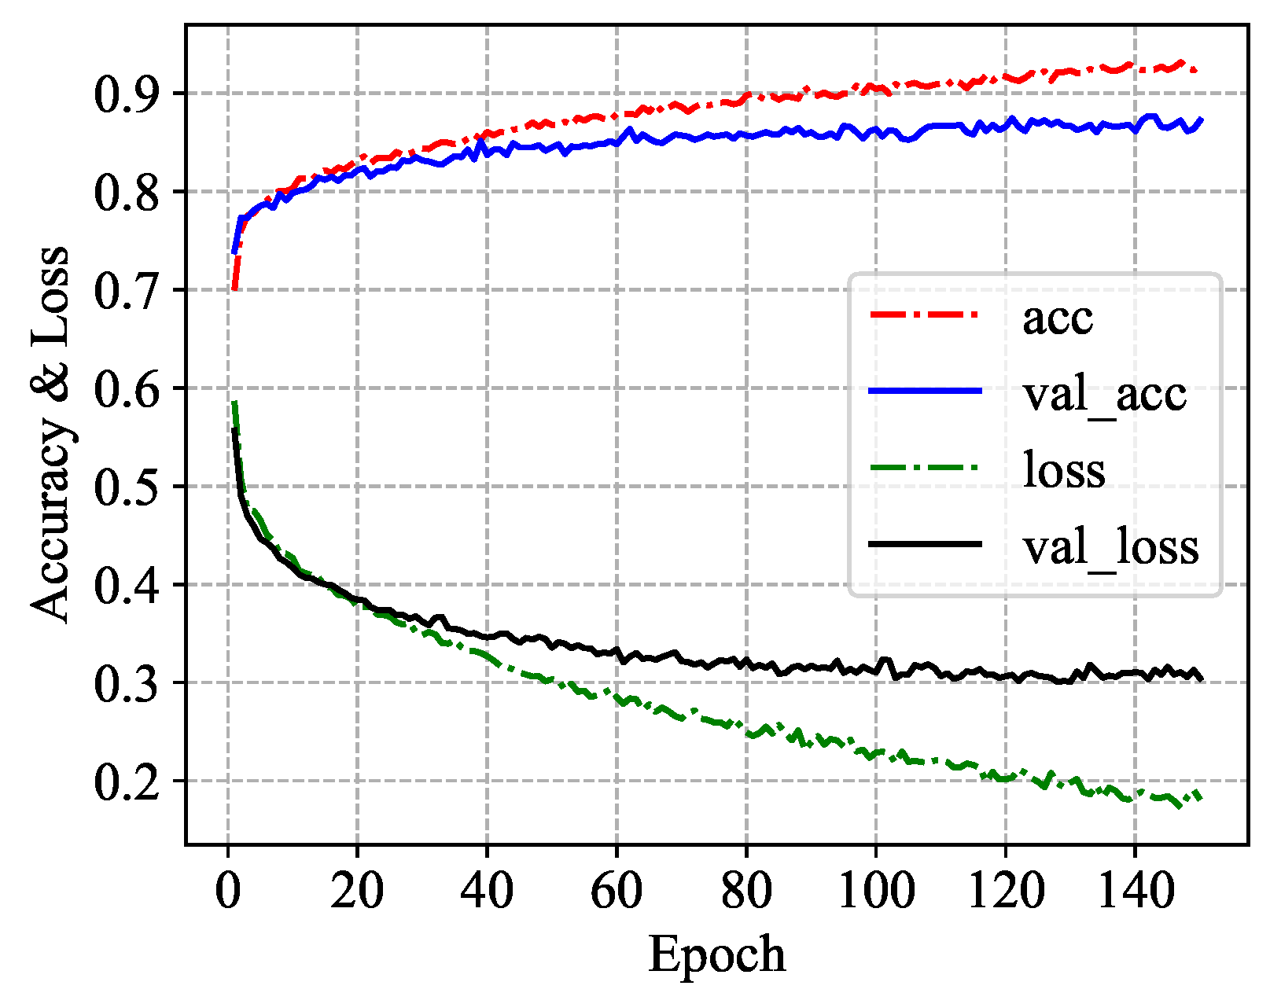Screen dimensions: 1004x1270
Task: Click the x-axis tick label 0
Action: click(228, 892)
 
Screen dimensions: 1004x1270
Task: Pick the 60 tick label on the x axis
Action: click(617, 892)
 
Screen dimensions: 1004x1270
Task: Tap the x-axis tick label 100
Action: click(875, 892)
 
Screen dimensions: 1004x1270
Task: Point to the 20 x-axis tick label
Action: click(357, 892)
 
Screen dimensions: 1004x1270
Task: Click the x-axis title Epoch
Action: click(716, 955)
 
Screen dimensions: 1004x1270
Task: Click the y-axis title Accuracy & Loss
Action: click(50, 435)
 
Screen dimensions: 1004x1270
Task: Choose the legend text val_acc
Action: click(1104, 394)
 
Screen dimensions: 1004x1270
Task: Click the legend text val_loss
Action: click(1110, 547)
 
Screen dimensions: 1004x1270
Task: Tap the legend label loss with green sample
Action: click(1064, 470)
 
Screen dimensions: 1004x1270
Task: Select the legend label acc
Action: click(1058, 318)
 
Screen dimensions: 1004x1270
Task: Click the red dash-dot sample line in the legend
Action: click(926, 314)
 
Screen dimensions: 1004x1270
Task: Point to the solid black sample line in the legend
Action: click(926, 544)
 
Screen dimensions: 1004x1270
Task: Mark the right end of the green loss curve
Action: click(1202, 796)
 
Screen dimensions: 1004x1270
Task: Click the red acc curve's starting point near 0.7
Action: click(234, 289)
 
